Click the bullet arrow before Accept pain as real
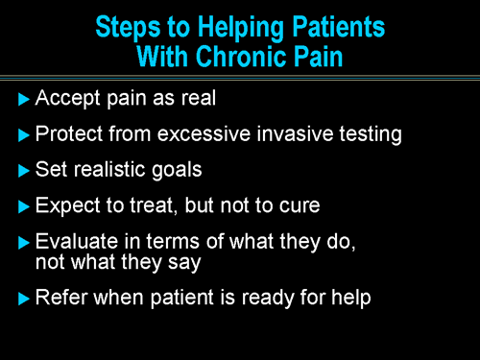[24, 98]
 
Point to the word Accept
[65, 98]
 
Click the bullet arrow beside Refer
[24, 298]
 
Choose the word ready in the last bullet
[248, 298]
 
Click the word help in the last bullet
[348, 298]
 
